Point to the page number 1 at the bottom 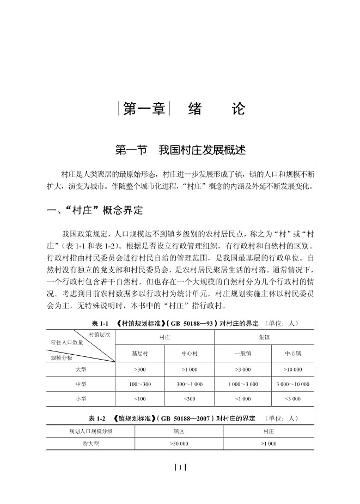(x=180, y=467)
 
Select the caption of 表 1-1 (x=195, y=324)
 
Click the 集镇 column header (x=264, y=338)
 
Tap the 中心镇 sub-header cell (x=292, y=353)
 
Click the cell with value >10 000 (x=292, y=369)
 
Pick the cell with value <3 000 (x=292, y=399)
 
